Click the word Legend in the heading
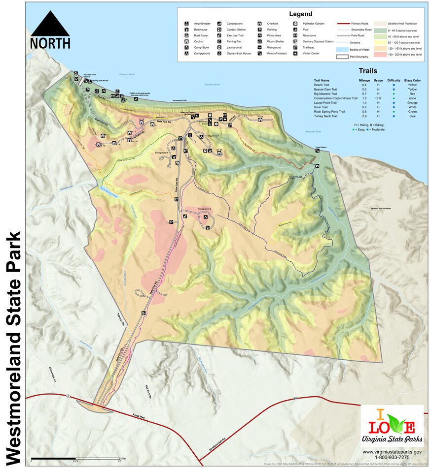tap(301, 14)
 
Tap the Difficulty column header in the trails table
tap(394, 80)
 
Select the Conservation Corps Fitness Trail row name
tap(335, 98)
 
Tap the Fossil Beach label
tap(321, 147)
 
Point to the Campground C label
tap(205, 209)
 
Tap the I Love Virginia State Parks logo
tap(392, 426)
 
